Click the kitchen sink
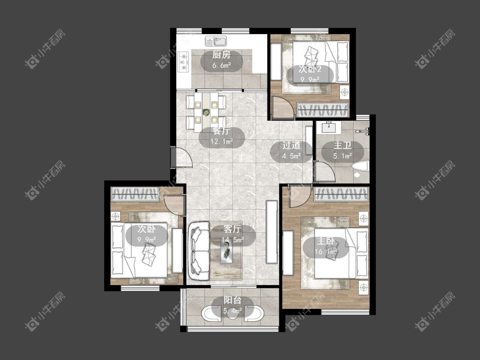click(x=216, y=41)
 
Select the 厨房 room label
click(x=221, y=55)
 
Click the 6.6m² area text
click(x=221, y=65)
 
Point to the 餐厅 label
click(x=221, y=131)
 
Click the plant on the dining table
click(x=206, y=112)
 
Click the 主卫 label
click(x=342, y=145)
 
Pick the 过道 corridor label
click(x=291, y=145)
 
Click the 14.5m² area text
click(x=233, y=240)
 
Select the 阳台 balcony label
click(x=233, y=300)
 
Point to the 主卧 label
click(x=326, y=241)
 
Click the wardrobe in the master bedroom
click(x=341, y=194)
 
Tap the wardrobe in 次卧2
click(x=323, y=110)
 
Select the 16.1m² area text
click(x=326, y=252)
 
